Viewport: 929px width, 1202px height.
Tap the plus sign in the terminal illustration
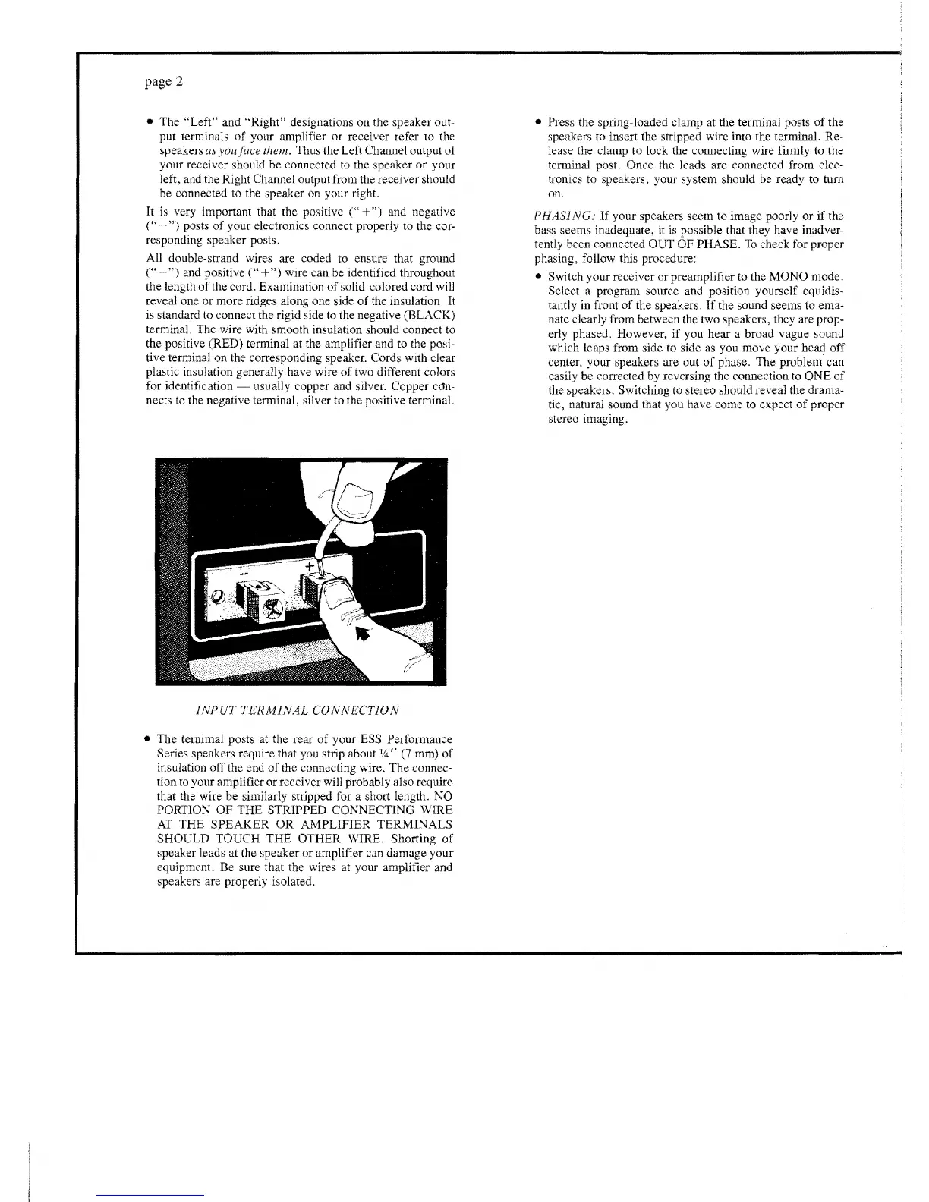pyautogui.click(x=310, y=566)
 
